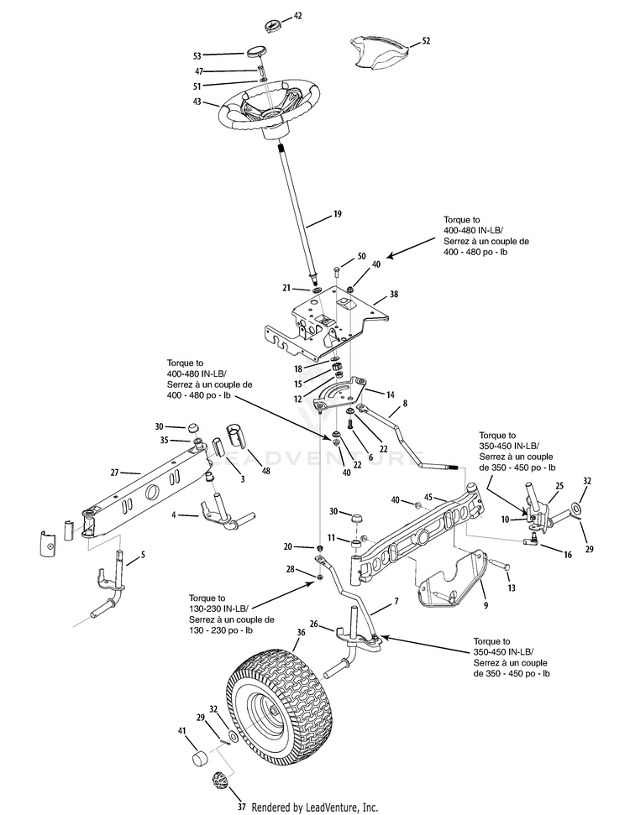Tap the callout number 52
tap(426, 40)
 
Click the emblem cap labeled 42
tap(273, 25)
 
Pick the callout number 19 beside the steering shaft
tap(337, 214)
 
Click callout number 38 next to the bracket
tap(394, 295)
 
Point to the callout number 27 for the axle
tap(114, 473)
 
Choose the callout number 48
tap(265, 471)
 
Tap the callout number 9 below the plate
tap(486, 605)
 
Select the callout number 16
tap(568, 555)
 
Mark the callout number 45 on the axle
tap(428, 497)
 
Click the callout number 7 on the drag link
tap(396, 601)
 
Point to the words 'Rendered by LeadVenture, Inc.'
tap(315, 807)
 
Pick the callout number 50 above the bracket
tap(361, 256)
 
